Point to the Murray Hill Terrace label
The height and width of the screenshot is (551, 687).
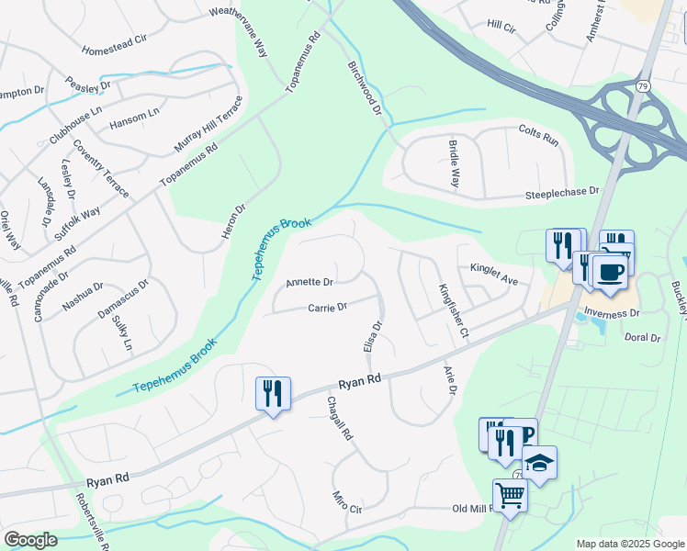(x=208, y=125)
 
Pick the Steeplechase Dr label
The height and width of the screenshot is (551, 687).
(x=561, y=194)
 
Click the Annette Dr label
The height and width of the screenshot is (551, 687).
(x=310, y=282)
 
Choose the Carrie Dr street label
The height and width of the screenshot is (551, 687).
(x=327, y=308)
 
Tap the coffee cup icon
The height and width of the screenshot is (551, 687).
(x=609, y=271)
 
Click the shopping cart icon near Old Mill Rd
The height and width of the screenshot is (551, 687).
(x=510, y=496)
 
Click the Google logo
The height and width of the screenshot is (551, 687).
(x=31, y=540)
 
